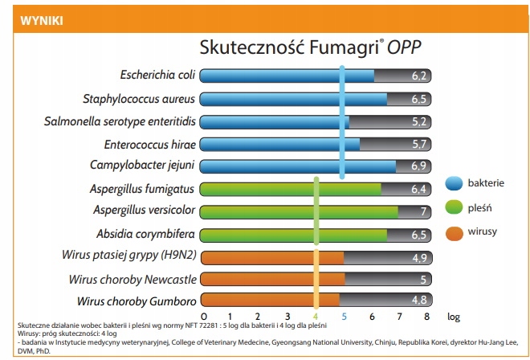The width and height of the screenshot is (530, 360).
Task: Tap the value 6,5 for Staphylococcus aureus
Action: coord(418,100)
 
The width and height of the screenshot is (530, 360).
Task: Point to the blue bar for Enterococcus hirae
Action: coord(279,145)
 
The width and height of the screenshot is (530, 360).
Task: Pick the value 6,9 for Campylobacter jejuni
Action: coord(418,167)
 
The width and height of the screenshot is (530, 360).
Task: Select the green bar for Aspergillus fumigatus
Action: coord(289,190)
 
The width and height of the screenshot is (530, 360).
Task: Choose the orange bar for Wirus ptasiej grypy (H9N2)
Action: coord(271,257)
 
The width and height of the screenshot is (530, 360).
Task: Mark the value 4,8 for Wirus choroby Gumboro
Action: coord(418,302)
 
